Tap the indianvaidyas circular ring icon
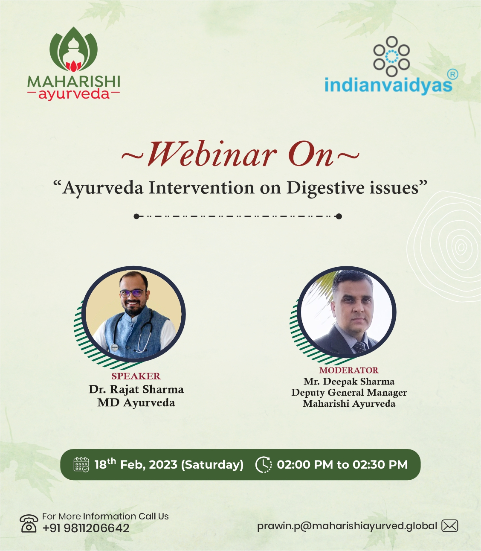point(392,56)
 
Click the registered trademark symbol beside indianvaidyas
point(452,74)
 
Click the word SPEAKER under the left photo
point(136,376)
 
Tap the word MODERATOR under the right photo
point(349,370)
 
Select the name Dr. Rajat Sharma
point(136,390)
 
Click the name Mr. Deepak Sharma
point(349,382)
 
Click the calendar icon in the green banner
point(81,464)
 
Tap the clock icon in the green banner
point(264,464)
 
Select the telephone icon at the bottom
point(29,523)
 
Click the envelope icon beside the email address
point(449,525)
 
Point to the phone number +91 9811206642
point(86,528)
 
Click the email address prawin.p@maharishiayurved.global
point(347,526)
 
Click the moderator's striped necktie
point(360,346)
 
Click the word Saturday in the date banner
point(212,465)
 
